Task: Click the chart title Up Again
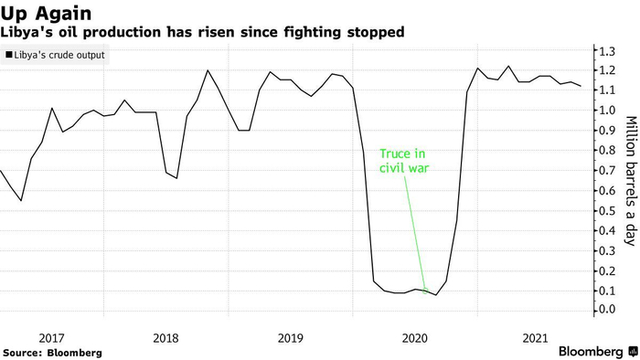46,14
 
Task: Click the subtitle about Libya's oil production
202,32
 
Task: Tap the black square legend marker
9,55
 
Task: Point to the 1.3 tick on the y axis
607,51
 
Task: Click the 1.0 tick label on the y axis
607,110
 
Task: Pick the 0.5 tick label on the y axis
607,211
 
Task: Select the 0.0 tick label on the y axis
607,310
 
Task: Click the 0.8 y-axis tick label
607,151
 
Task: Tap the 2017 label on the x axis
51,338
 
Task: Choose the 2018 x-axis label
165,338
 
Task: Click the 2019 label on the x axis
290,338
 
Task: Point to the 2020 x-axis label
415,338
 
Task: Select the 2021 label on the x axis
535,338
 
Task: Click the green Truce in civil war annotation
404,161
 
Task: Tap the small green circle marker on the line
425,291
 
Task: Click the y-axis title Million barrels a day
631,181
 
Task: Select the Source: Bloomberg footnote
52,353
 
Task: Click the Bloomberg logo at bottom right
598,352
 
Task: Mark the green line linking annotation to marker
415,233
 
